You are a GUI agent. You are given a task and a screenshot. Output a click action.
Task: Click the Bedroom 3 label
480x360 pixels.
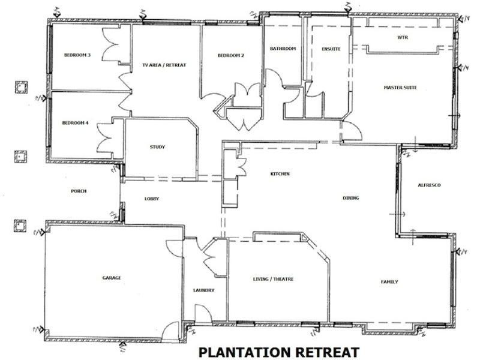77,56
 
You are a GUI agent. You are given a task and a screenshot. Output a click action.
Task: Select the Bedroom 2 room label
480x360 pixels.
230,56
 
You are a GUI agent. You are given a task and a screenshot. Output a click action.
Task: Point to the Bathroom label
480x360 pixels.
283,49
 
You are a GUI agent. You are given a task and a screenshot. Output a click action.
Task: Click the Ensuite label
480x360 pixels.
331,49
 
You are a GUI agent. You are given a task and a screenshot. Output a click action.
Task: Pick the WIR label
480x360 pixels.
403,37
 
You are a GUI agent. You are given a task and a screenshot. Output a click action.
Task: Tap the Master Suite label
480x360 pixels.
400,88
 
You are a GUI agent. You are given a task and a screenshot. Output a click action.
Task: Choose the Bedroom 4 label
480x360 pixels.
76,123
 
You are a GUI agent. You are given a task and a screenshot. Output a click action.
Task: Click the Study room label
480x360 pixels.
157,147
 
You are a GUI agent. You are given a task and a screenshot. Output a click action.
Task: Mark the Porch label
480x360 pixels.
79,191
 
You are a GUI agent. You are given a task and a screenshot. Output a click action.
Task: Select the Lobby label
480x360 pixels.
151,199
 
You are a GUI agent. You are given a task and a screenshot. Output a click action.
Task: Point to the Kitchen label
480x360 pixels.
280,174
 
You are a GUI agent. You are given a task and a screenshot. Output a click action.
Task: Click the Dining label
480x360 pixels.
351,198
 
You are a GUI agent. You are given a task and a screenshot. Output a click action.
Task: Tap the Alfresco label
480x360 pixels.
429,185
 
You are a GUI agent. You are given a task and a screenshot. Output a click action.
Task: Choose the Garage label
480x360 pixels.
112,278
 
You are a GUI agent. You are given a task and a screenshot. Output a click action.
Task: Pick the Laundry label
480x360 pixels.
204,290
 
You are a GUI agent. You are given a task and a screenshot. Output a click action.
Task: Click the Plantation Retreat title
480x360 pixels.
279,351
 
